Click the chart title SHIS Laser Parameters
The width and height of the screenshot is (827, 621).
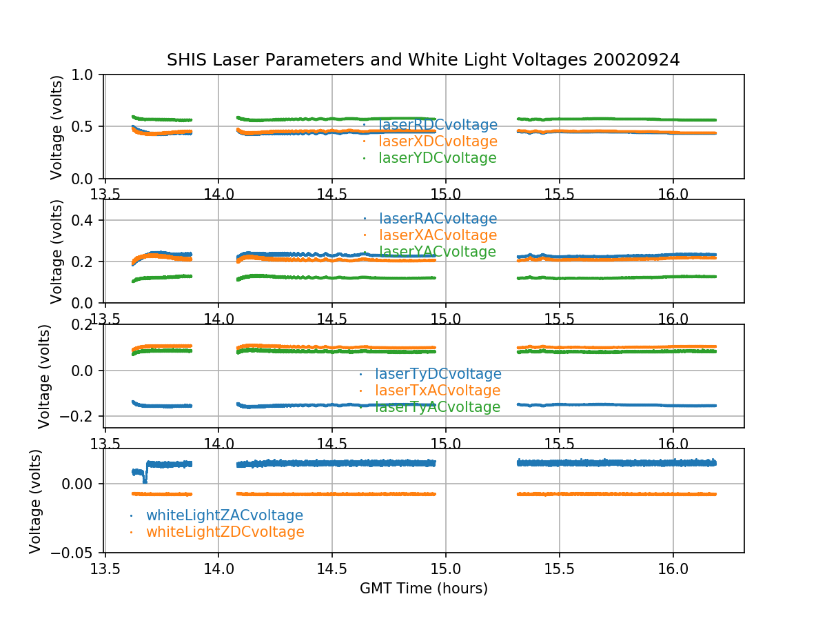tap(423, 60)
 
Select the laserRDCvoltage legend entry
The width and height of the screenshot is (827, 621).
tap(438, 125)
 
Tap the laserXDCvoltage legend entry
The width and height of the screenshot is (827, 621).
tap(438, 141)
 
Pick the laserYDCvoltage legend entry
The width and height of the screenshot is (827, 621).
tap(437, 158)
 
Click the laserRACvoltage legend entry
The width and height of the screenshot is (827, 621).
tap(438, 219)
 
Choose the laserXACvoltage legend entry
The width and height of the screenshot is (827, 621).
tap(438, 235)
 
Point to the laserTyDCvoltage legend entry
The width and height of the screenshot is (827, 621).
tap(438, 374)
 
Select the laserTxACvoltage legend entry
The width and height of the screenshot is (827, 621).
tap(437, 391)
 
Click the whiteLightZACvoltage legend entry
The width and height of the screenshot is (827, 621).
tap(225, 515)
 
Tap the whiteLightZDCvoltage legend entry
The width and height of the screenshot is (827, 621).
tap(225, 532)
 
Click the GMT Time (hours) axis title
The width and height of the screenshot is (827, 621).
tap(423, 589)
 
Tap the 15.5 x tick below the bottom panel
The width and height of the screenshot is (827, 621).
tap(559, 567)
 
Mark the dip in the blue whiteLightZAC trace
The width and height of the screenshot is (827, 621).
tap(144, 479)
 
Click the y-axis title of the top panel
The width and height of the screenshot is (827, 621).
tap(57, 127)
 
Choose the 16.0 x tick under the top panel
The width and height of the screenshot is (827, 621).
tap(673, 194)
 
